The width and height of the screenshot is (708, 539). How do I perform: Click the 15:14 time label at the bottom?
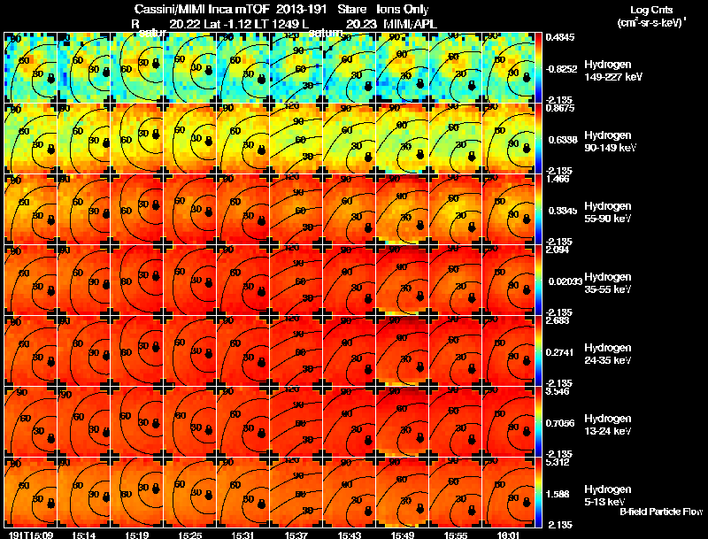[x=83, y=535]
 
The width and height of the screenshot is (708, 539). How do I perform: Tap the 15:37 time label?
[x=297, y=535]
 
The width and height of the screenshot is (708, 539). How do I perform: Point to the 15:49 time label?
[x=404, y=535]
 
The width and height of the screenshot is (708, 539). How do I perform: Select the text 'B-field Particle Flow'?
[x=661, y=512]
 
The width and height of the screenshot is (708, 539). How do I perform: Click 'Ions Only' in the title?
[x=403, y=9]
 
